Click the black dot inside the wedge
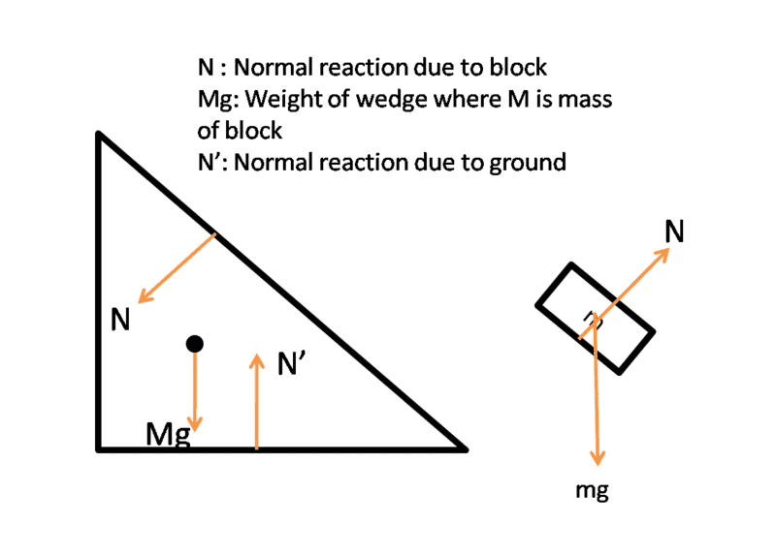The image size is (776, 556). [x=194, y=343]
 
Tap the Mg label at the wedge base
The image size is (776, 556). [x=166, y=435]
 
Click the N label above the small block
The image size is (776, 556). [x=675, y=231]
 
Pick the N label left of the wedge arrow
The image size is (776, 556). [x=120, y=319]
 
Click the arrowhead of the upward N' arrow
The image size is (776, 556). [x=256, y=359]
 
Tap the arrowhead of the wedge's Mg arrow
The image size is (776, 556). [x=194, y=426]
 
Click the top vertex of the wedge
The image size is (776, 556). [x=99, y=135]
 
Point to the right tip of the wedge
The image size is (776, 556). [x=465, y=449]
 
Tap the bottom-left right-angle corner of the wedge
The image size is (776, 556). [x=99, y=448]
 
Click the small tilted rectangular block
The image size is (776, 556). [x=597, y=318]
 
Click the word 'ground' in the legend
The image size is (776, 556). [x=520, y=162]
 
